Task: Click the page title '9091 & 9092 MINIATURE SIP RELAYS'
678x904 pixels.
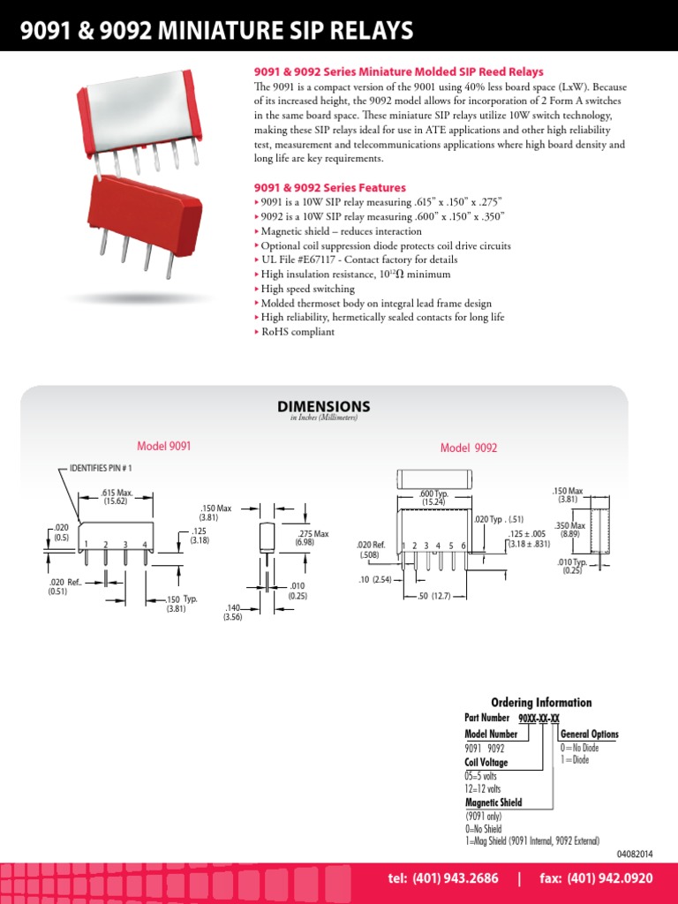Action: [217, 32]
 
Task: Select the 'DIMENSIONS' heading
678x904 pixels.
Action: [324, 407]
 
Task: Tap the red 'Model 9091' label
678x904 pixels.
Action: [163, 447]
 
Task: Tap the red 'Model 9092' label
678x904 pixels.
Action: [469, 448]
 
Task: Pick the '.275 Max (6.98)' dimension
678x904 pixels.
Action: [312, 538]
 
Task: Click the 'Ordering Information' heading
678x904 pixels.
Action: [541, 703]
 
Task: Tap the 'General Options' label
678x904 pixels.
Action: [589, 734]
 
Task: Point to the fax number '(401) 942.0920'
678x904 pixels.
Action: [609, 878]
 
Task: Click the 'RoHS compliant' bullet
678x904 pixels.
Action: [298, 332]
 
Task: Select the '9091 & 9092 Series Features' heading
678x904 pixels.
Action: [330, 188]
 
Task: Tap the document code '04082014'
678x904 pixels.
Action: [634, 854]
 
